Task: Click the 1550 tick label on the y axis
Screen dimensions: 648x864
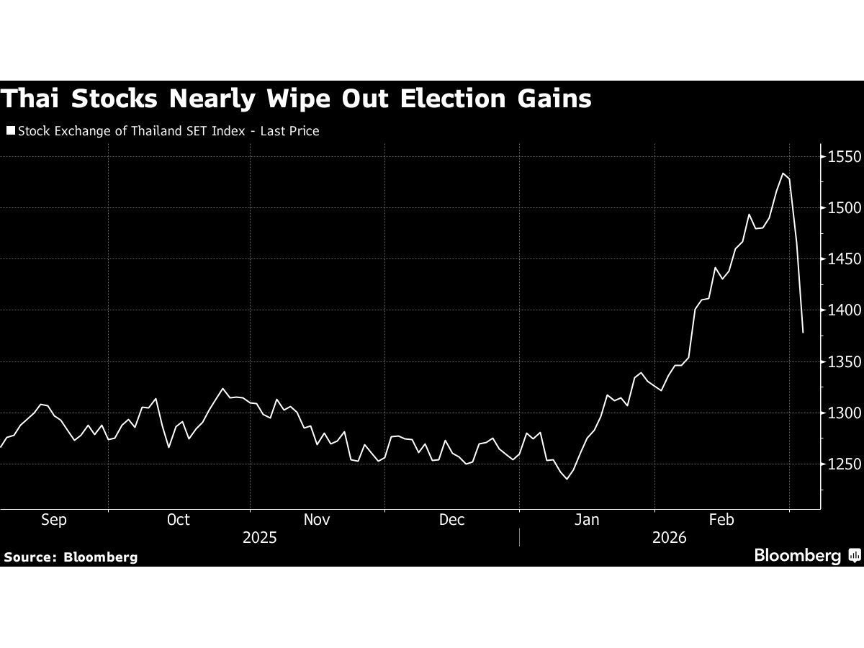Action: click(x=844, y=157)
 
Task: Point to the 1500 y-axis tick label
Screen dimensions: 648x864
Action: click(x=844, y=208)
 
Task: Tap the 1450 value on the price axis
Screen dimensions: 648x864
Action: click(x=844, y=259)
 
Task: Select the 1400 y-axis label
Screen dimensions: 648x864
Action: click(x=844, y=310)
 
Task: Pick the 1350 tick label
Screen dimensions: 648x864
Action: click(x=844, y=361)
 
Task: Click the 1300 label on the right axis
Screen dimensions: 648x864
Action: click(x=844, y=413)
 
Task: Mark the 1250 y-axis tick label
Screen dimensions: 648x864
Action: click(x=844, y=464)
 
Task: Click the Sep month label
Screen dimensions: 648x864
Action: click(x=54, y=520)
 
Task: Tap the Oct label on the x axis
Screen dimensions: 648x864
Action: click(x=178, y=520)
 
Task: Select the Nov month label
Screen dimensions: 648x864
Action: click(x=317, y=520)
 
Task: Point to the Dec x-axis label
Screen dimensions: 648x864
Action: click(x=451, y=520)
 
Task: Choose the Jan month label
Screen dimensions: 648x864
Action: click(x=587, y=520)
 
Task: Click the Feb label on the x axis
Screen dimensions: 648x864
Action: click(x=721, y=520)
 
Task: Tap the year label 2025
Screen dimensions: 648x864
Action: click(x=260, y=538)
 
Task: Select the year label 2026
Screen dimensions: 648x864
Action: click(x=669, y=538)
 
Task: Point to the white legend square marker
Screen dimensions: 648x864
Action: click(x=10, y=131)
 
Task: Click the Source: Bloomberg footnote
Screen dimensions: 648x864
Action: click(x=71, y=557)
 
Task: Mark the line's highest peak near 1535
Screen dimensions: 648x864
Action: click(x=783, y=173)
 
